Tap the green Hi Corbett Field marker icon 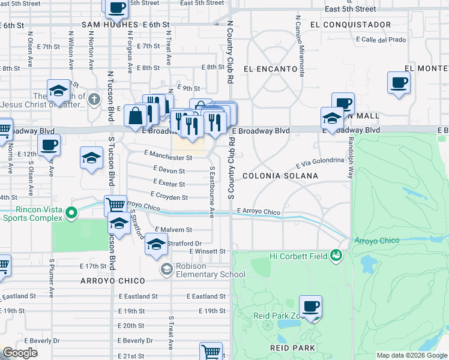coord(337,256)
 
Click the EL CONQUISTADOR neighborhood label coord(351,25)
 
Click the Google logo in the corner coord(20,353)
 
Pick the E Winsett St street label coord(207,251)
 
